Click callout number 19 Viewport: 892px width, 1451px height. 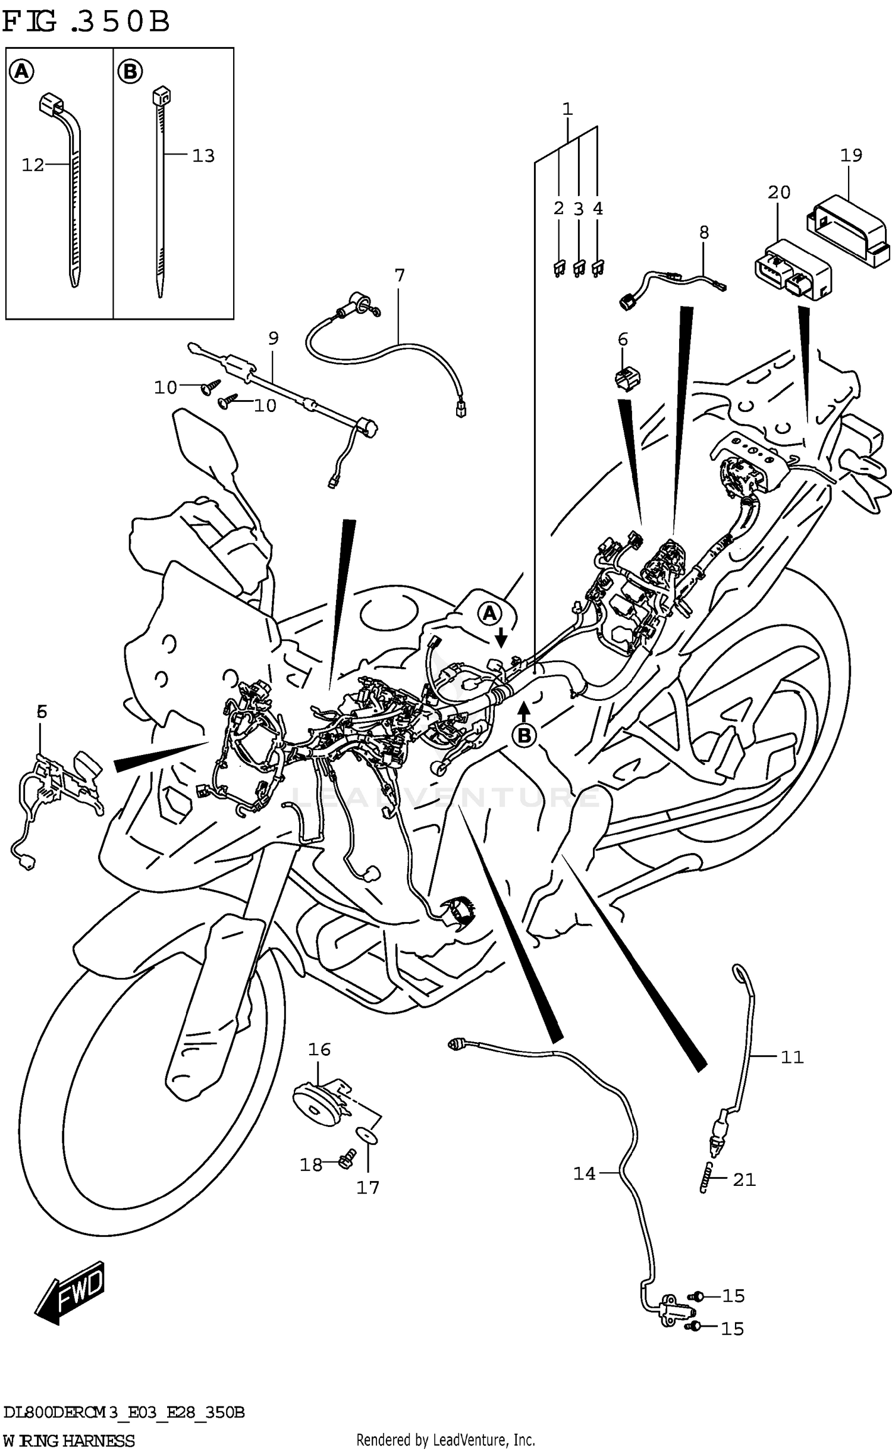coord(851,155)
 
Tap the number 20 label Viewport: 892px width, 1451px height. coord(778,192)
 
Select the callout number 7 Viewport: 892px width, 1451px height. coord(399,275)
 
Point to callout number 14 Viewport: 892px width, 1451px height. coord(584,1173)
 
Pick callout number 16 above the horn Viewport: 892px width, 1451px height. coord(319,1049)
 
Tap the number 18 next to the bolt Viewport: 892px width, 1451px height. coord(310,1164)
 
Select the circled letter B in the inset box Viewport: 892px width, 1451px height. coord(130,72)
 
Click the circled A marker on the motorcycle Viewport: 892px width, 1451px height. coord(489,613)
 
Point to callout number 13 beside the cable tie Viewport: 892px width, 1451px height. coord(203,156)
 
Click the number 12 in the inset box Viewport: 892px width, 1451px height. coord(33,165)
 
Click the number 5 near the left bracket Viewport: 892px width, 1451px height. coord(41,711)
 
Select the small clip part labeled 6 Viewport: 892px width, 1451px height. coord(627,379)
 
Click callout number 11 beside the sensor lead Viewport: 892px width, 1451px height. coord(791,1057)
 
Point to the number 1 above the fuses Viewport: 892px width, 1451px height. coord(567,109)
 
